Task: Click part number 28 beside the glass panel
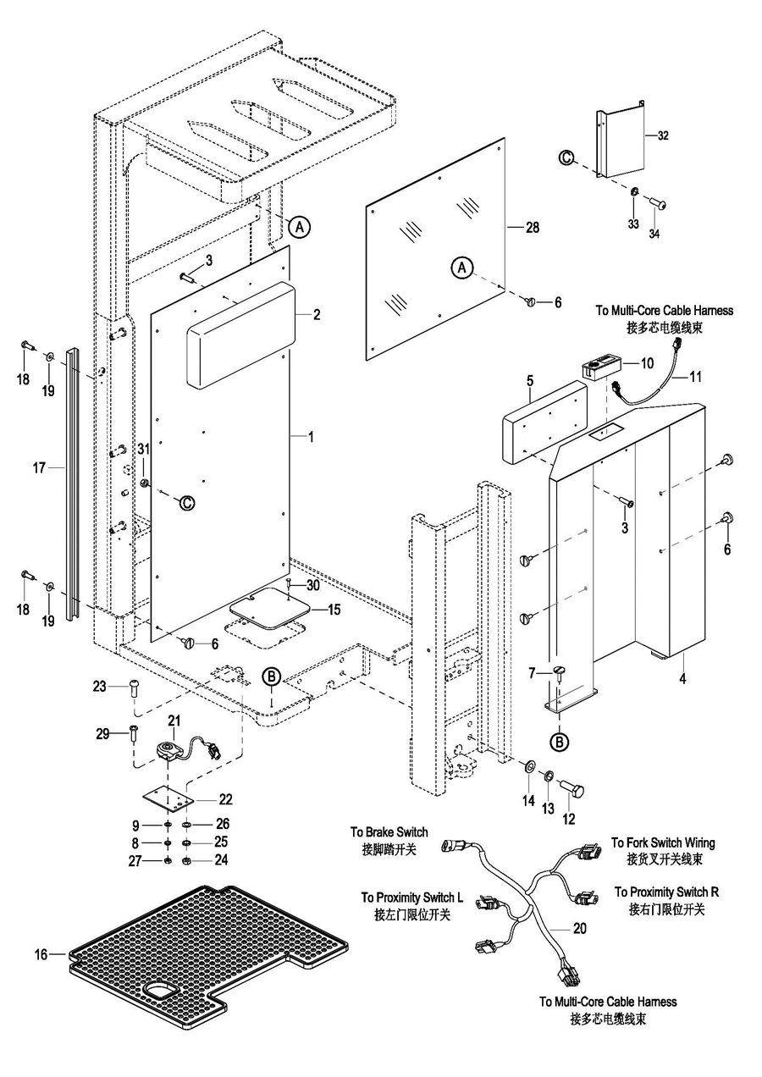tap(532, 228)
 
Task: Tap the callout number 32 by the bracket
tap(662, 135)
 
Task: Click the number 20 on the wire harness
tap(579, 928)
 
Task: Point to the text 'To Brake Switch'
tap(389, 832)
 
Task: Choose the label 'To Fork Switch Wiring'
tap(663, 843)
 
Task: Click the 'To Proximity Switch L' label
tap(412, 897)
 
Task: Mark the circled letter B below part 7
tap(560, 742)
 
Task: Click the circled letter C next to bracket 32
tap(566, 157)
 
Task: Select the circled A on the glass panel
tap(462, 268)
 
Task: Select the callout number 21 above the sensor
tap(174, 721)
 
